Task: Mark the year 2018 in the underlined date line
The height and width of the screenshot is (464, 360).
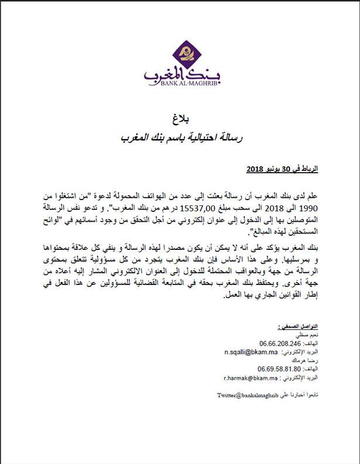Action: coord(253,169)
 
